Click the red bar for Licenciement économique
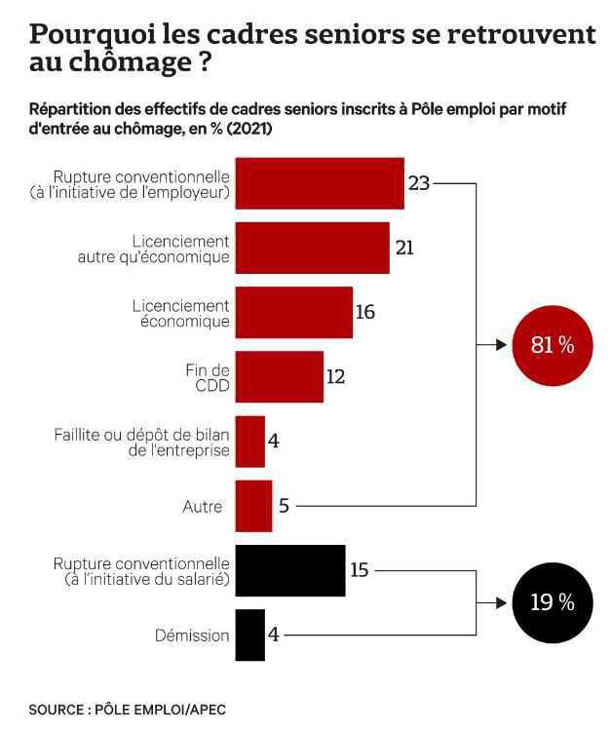[x=293, y=312]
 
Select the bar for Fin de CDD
[x=279, y=376]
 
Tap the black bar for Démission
[x=249, y=635]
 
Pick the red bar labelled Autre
[x=253, y=506]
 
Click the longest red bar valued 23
[x=320, y=182]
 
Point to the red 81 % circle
[x=552, y=345]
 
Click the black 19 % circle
[x=552, y=602]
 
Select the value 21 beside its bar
[x=404, y=248]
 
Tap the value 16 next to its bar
[x=365, y=313]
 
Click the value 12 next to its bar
[x=336, y=376]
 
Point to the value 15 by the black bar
[x=359, y=570]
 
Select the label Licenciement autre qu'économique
[x=153, y=249]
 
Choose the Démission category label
[x=191, y=636]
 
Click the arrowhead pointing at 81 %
[x=503, y=345]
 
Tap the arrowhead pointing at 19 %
[x=503, y=602]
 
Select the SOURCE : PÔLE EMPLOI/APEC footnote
[x=127, y=710]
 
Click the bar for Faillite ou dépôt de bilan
[x=249, y=442]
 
